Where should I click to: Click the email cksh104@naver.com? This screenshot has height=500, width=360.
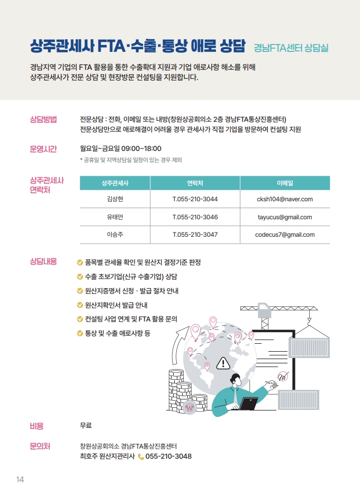coord(285,199)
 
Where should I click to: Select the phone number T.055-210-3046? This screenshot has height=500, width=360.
coord(195,217)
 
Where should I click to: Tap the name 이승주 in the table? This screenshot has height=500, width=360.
coord(115,235)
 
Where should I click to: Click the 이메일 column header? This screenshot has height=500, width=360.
coord(285,183)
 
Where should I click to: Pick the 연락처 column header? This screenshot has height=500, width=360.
coord(195,183)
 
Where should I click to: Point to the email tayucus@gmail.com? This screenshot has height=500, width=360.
coord(285,217)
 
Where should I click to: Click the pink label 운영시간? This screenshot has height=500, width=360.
coord(43,149)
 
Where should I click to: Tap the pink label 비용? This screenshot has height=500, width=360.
coord(37,426)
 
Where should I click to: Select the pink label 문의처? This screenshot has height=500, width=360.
coord(40,447)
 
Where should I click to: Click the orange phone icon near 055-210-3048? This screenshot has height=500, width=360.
coord(141,457)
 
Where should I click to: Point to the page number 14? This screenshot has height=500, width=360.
coord(20,480)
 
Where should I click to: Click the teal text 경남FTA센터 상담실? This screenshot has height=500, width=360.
coord(291,48)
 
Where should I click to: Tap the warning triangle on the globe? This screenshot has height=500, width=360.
coord(223,362)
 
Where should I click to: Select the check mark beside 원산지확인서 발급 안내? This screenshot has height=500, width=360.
coord(80,305)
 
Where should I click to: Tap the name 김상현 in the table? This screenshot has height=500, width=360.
coord(115,199)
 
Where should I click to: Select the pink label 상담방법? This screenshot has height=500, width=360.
coord(43,118)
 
